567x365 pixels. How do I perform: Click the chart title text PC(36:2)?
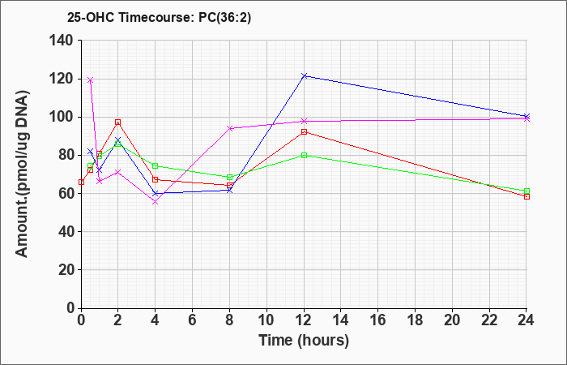pos(224,17)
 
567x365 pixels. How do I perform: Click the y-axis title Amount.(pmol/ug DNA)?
pos(23,174)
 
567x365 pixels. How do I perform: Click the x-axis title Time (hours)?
pos(304,341)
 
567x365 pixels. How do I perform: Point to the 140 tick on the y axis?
pos(65,41)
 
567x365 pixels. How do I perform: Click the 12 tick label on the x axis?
pos(304,320)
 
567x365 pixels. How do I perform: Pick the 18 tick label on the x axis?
pos(415,320)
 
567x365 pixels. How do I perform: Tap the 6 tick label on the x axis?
pos(193,320)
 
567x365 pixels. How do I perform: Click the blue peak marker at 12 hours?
pos(304,75)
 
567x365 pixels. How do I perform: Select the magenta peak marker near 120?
pos(91,80)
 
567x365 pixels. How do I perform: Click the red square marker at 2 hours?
pos(118,122)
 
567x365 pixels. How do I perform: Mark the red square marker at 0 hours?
pos(81,182)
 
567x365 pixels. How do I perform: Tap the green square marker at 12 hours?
pos(304,156)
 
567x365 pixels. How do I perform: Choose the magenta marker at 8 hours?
pos(229,128)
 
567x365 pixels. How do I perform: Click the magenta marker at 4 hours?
pos(156,202)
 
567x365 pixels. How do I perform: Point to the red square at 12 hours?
pos(304,131)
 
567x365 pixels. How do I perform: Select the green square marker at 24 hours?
pos(526,191)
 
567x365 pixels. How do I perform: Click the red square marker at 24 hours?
pos(526,196)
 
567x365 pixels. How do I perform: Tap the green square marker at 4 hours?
pos(156,165)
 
